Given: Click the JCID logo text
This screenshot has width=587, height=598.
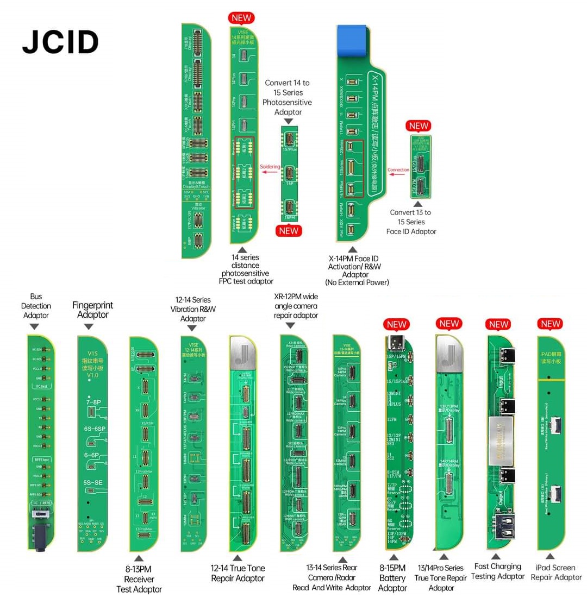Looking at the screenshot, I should [60, 42].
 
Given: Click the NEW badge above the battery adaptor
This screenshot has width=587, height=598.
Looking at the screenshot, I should [397, 325].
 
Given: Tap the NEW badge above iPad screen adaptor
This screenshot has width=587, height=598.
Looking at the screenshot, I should [551, 324].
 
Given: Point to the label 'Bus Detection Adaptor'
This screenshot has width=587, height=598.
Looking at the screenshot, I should [36, 306].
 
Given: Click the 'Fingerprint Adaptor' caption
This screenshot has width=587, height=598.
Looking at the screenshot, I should [93, 310].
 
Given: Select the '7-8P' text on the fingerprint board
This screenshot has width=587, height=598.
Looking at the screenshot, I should [93, 402].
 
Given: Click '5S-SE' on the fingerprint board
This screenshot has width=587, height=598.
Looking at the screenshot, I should [93, 482].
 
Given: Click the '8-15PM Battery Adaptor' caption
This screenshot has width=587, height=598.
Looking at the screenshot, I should [392, 578].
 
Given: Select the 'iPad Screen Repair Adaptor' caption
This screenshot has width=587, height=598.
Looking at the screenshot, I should [556, 572].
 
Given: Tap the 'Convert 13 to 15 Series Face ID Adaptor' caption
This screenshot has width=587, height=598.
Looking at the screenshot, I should [410, 222].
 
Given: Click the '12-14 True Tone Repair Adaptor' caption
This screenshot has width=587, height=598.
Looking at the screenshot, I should [238, 573].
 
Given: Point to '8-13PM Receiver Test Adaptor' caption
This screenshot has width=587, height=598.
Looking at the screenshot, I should [139, 579].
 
